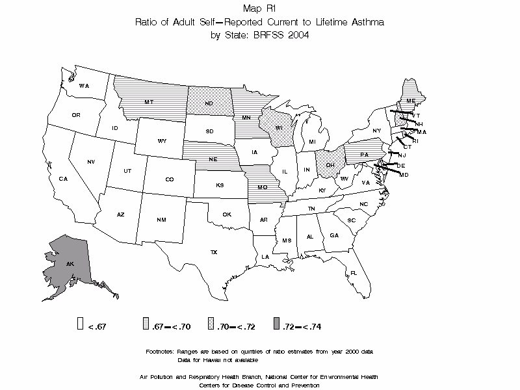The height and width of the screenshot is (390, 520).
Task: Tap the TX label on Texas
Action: [x=213, y=252]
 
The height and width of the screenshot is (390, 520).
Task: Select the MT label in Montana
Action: [x=149, y=103]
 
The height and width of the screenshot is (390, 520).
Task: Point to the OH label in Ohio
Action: [x=330, y=164]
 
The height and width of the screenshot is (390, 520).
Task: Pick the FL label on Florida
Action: [x=354, y=273]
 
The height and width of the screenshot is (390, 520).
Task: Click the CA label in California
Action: [x=63, y=179]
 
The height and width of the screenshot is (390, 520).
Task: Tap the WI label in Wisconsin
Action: [x=278, y=128]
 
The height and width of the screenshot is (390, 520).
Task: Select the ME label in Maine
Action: [x=411, y=101]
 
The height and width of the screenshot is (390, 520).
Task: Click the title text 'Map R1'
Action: [x=259, y=8]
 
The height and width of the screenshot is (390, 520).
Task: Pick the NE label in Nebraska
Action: [x=212, y=158]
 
